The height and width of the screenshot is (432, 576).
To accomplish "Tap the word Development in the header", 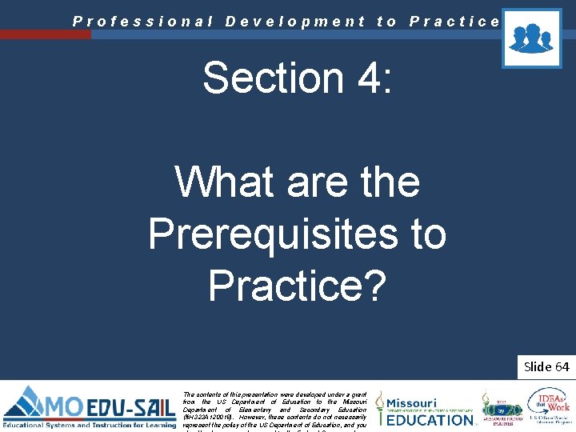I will [x=295, y=22].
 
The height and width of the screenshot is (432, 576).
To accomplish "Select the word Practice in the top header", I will [x=454, y=22].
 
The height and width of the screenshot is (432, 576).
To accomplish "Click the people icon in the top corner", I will [x=531, y=38].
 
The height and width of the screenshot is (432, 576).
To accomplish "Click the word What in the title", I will [x=218, y=182].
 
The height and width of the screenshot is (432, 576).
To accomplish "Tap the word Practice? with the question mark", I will [x=297, y=285].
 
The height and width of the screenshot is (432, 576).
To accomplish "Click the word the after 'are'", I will [x=385, y=182].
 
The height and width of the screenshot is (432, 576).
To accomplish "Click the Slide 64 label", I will [x=546, y=366].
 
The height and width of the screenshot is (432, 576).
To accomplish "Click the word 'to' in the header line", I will [x=387, y=22].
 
